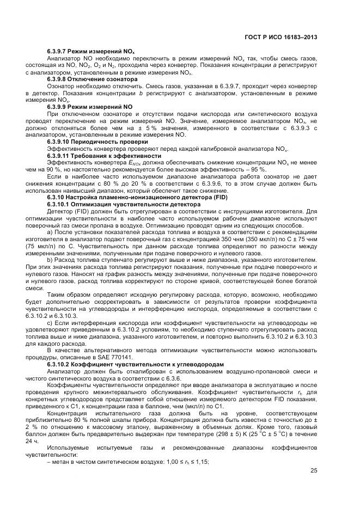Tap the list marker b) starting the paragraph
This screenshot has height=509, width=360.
click(x=50, y=260)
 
